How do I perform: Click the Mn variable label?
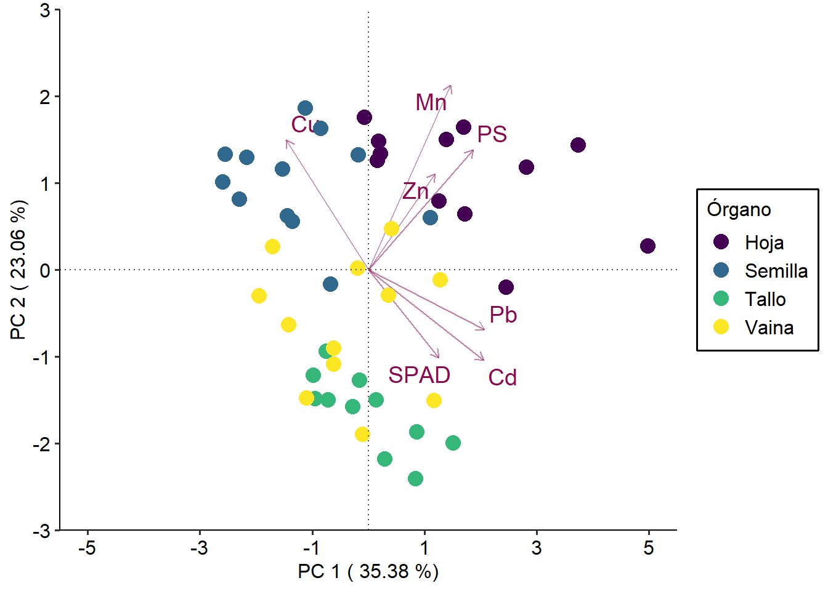(x=431, y=102)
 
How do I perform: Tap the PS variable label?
(x=492, y=134)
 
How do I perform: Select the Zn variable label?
(x=415, y=191)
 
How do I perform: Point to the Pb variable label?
(x=503, y=315)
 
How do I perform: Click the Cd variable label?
(x=502, y=377)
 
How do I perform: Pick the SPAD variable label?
(x=419, y=375)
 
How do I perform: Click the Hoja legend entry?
(x=764, y=242)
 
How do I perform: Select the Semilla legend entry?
(x=776, y=271)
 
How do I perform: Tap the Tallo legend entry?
(x=765, y=299)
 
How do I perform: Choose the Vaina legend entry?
(x=769, y=328)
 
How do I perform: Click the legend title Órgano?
(x=739, y=209)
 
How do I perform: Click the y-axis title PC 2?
(x=18, y=270)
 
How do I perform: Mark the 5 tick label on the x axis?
(x=648, y=547)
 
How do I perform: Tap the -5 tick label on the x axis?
(x=87, y=547)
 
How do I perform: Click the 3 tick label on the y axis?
(x=45, y=10)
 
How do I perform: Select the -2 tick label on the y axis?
(x=41, y=443)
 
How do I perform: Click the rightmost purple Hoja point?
(x=647, y=246)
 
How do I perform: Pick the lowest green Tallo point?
(x=415, y=478)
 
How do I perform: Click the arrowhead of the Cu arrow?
(x=287, y=142)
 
